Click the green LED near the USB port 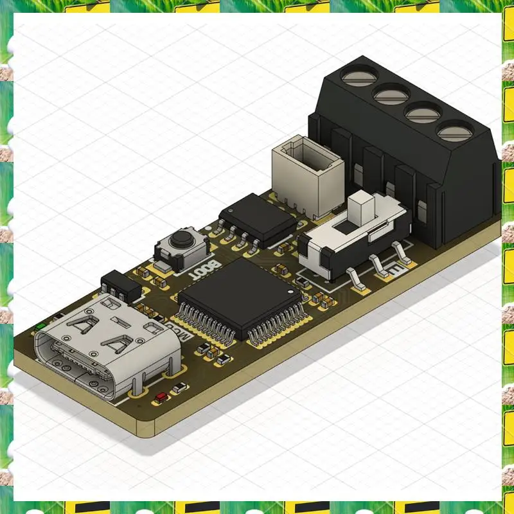click(x=40, y=326)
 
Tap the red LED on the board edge click(x=159, y=396)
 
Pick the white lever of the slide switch click(x=362, y=208)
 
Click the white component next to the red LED click(x=181, y=387)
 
